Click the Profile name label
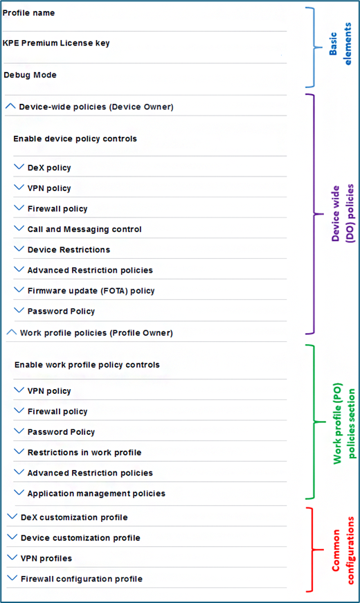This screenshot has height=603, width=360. (x=28, y=12)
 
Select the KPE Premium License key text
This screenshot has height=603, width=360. (x=56, y=43)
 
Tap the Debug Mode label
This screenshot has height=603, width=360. (x=30, y=75)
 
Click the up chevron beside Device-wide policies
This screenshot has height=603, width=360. (x=10, y=107)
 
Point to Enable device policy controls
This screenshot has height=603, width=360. (x=75, y=138)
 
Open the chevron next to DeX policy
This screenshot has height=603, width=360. (x=19, y=167)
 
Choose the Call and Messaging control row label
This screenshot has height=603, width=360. (x=84, y=229)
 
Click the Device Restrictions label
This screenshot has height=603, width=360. (x=69, y=250)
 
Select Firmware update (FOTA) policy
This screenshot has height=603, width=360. (x=91, y=291)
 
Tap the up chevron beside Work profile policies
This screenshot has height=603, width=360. (x=12, y=332)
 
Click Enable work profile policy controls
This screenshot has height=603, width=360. (x=87, y=365)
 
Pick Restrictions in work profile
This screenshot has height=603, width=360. (x=84, y=452)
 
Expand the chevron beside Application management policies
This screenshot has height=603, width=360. (x=19, y=493)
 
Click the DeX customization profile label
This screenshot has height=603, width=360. (x=74, y=517)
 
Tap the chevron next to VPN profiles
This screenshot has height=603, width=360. (x=12, y=557)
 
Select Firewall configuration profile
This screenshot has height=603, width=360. (x=82, y=579)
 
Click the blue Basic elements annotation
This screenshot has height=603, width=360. (x=341, y=44)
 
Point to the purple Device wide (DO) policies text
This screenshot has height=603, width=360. (x=342, y=213)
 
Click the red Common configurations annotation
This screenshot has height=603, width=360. (x=343, y=550)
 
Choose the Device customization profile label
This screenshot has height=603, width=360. (x=80, y=538)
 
